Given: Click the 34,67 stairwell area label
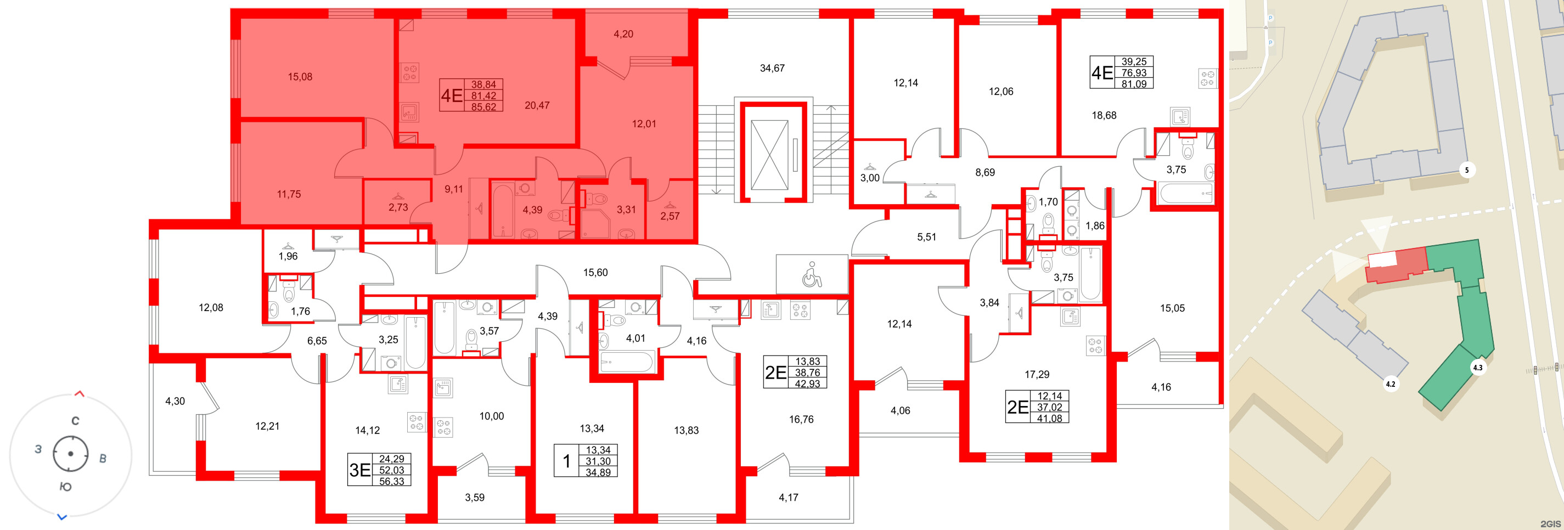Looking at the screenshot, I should point(772,69).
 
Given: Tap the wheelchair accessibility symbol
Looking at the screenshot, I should point(811,274).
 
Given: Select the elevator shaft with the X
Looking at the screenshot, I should point(769,155).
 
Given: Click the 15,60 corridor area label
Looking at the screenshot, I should point(595,273).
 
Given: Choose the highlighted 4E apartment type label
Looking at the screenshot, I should point(451,96).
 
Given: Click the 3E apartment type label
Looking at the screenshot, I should point(359,470).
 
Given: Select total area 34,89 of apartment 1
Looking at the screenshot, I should point(598,472).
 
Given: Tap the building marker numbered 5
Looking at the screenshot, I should point(1466,170).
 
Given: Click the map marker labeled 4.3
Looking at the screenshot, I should point(1477,367).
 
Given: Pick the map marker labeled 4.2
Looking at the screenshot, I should point(1389,384).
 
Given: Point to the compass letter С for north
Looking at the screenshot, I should point(75,421).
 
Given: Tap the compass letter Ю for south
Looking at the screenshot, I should point(65,487).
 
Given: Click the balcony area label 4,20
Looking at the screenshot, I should point(623,34).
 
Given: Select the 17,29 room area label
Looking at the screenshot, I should point(1037,375).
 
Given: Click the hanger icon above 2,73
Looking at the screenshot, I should point(398,196).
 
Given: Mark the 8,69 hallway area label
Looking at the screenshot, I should point(985,172).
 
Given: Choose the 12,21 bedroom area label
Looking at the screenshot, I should point(267,426).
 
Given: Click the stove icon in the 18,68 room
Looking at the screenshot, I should point(1207,78).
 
